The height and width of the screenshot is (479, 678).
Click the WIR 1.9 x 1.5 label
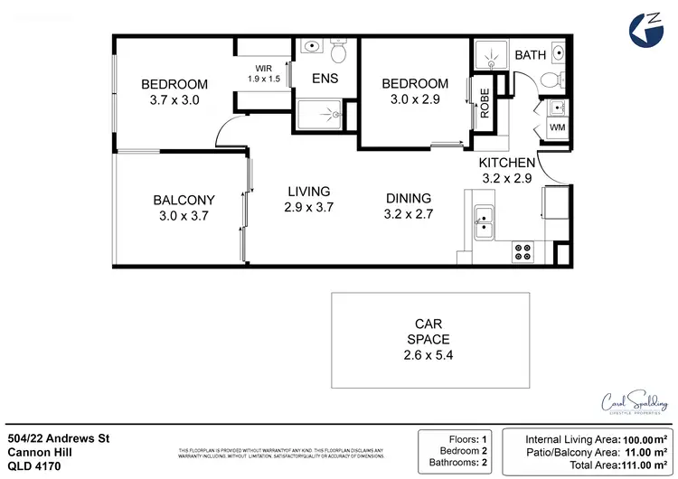coord(264,73)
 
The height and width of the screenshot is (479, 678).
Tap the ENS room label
coord(325,79)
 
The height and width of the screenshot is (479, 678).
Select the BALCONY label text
coord(184,200)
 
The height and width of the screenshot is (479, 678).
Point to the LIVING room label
coord(308,192)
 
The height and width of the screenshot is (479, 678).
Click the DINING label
coord(408,199)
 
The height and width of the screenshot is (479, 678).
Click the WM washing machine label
coord(558,129)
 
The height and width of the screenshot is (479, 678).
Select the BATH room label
coord(530,56)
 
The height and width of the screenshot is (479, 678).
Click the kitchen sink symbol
coord(485,221)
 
